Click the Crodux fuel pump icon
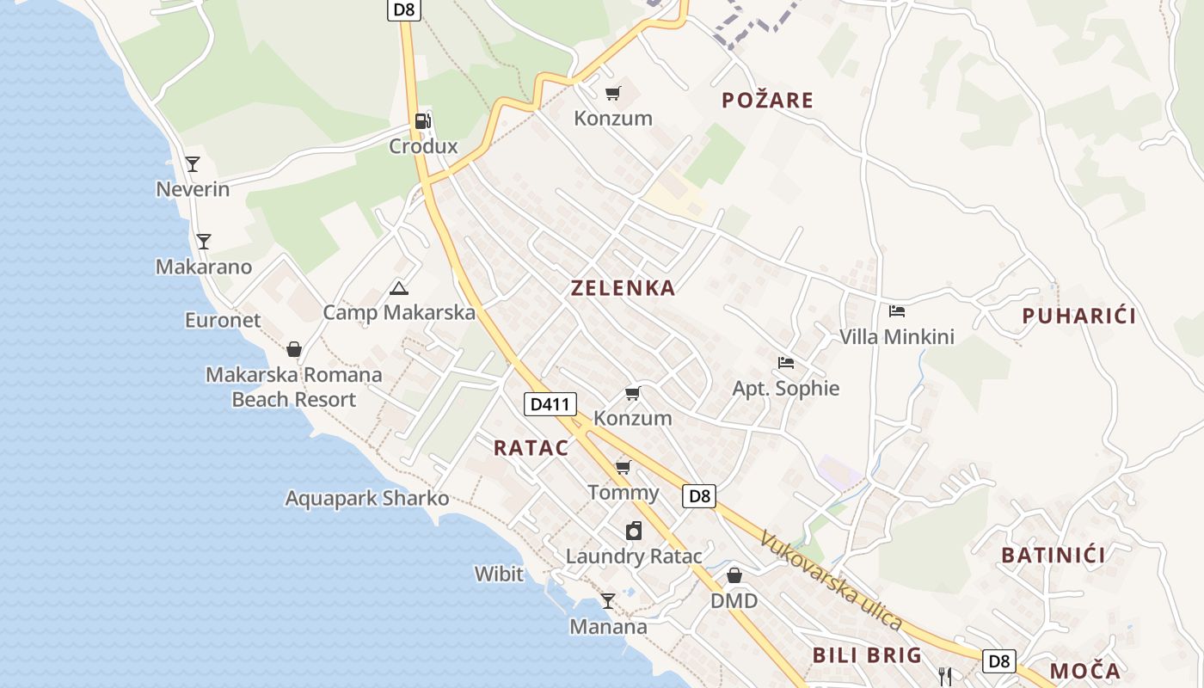pyautogui.click(x=421, y=121)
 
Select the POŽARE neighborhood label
pyautogui.click(x=767, y=101)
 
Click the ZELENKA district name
pyautogui.click(x=623, y=288)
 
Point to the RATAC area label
pyautogui.click(x=531, y=447)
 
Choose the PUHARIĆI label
pyautogui.click(x=1078, y=316)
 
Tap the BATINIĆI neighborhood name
pyautogui.click(x=1053, y=555)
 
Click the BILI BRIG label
pyautogui.click(x=867, y=655)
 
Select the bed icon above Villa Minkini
pyautogui.click(x=897, y=311)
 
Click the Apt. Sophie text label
pyautogui.click(x=785, y=388)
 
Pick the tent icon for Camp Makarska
pyautogui.click(x=398, y=288)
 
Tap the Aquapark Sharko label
pyautogui.click(x=367, y=498)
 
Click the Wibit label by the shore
pyautogui.click(x=499, y=573)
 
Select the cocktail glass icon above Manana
pyautogui.click(x=608, y=601)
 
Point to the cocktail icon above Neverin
pyautogui.click(x=193, y=163)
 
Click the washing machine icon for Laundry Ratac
pyautogui.click(x=634, y=531)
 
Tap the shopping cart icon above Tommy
pyautogui.click(x=623, y=467)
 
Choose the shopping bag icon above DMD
pyautogui.click(x=734, y=575)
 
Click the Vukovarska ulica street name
pyautogui.click(x=831, y=580)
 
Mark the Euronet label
pyautogui.click(x=223, y=320)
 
